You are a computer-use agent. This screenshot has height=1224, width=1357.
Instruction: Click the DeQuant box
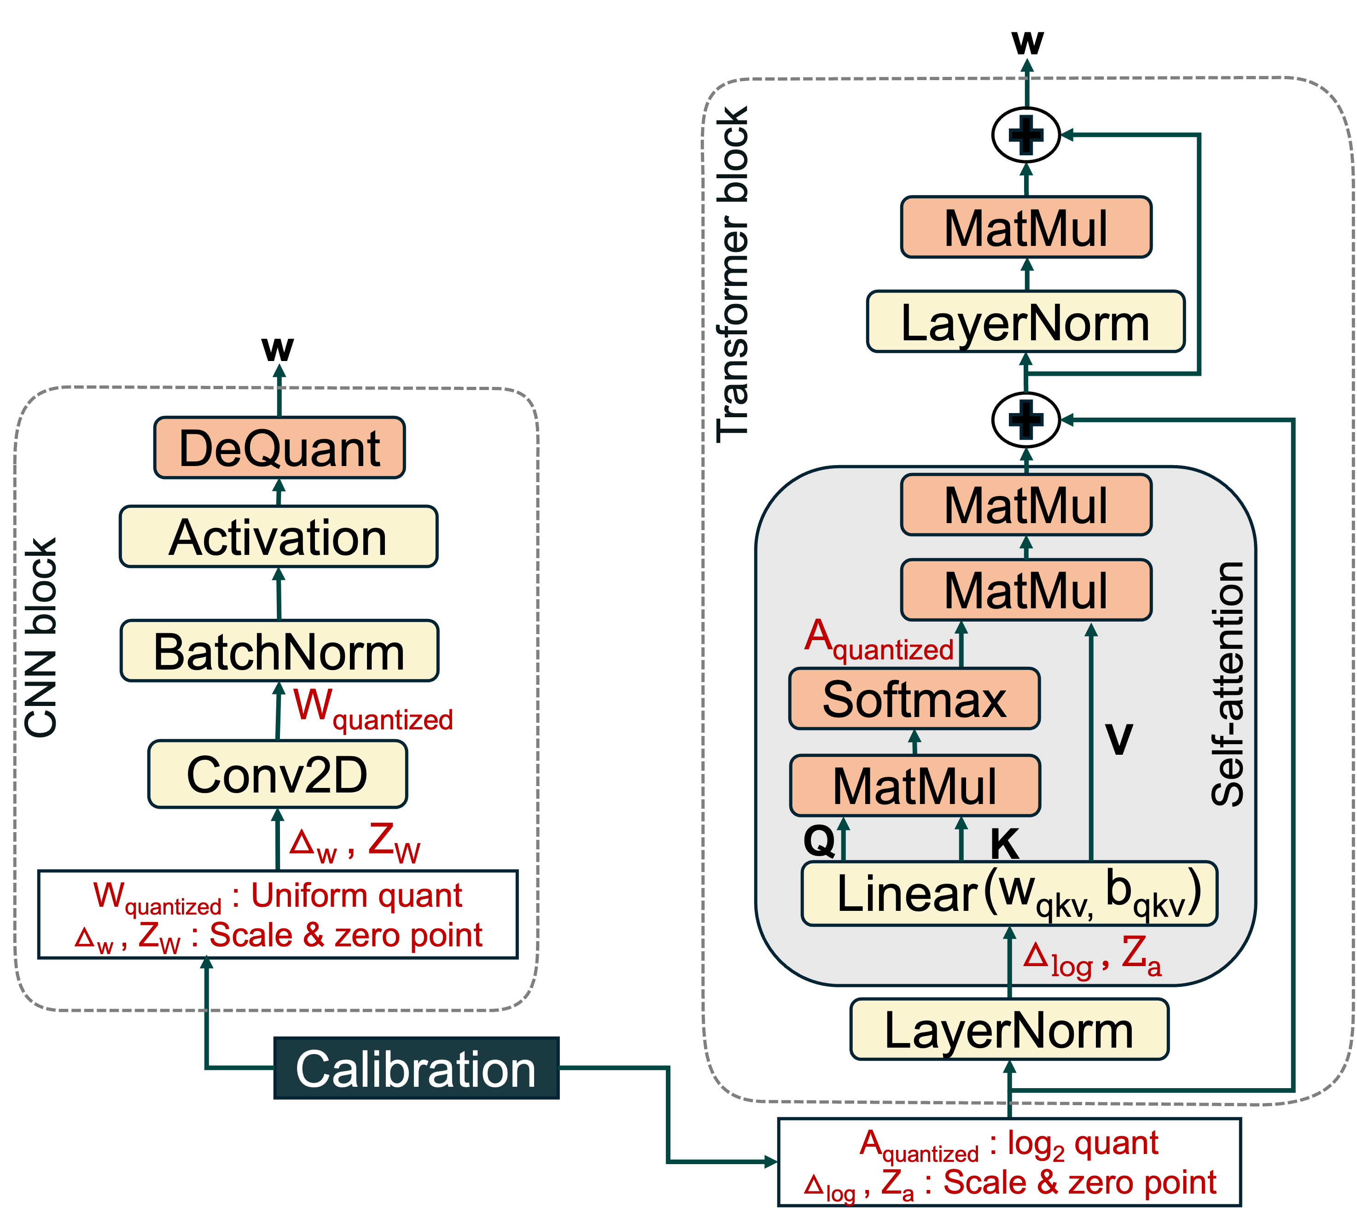[279, 448]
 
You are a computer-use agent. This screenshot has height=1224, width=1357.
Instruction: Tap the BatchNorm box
[279, 651]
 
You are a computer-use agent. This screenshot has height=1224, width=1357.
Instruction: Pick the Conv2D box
[277, 774]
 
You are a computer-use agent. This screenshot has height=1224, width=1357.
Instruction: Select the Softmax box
[914, 699]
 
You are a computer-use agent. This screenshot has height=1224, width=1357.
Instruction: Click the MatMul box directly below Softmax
[914, 786]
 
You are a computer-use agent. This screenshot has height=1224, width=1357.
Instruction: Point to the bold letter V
[1118, 739]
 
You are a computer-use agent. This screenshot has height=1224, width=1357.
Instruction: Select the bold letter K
[1005, 843]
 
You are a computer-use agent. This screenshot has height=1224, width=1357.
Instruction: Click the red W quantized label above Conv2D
[373, 710]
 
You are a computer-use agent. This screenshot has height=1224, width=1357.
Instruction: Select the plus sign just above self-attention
[1026, 420]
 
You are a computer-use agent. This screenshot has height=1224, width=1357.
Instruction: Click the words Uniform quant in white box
[356, 895]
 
